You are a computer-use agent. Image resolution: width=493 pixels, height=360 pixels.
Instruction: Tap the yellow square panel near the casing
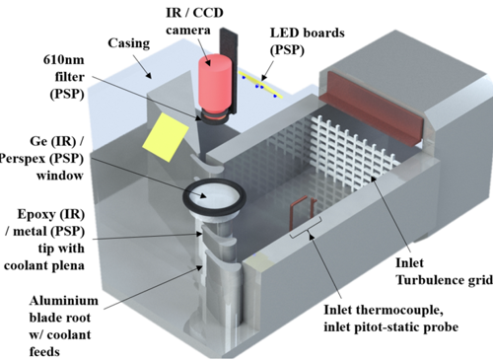[166, 137]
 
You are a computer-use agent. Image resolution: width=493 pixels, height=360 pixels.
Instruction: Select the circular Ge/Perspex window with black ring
[214, 196]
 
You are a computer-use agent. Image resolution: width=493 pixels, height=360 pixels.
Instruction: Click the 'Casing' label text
[129, 43]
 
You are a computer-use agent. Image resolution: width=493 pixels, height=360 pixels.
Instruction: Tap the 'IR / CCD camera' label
[194, 21]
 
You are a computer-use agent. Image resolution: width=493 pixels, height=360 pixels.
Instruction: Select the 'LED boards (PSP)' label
[308, 41]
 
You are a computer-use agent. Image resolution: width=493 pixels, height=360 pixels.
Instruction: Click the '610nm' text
[64, 60]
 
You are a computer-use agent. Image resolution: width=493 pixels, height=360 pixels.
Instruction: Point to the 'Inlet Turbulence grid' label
[444, 271]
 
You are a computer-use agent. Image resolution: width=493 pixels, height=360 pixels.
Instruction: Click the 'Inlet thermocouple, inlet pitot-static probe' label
[391, 319]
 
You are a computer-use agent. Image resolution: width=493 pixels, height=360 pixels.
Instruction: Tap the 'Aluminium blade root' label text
[63, 309]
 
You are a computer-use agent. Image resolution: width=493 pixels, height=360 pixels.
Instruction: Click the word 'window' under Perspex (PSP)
[60, 176]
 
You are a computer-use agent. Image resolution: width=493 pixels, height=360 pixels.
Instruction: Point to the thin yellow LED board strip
[260, 85]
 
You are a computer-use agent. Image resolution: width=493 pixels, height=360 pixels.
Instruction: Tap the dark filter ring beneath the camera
[213, 117]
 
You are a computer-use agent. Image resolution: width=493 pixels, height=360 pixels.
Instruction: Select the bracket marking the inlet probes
[306, 228]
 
